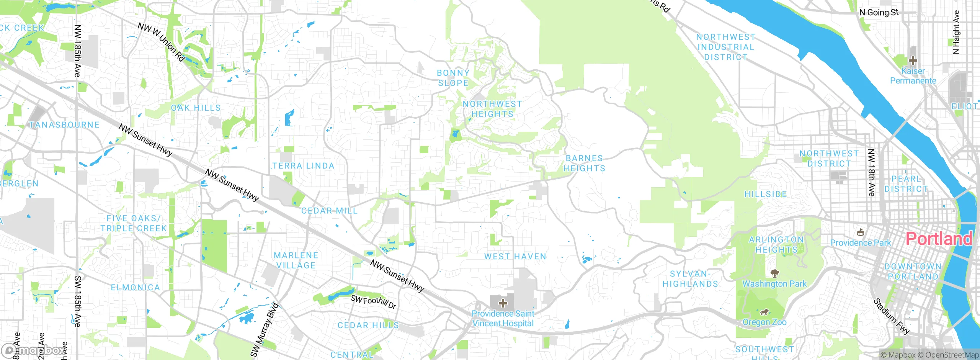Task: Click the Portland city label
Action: (939, 239)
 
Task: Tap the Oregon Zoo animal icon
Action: (764, 312)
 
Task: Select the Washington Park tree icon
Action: (775, 273)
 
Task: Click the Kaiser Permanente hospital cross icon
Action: (913, 60)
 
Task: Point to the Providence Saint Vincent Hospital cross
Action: (503, 303)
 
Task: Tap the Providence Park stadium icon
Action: (861, 232)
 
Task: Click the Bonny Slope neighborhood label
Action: (453, 78)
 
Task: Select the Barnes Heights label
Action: (584, 163)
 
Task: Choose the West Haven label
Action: (515, 257)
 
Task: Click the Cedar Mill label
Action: (329, 211)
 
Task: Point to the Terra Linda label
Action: (303, 166)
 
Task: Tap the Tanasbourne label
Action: (64, 125)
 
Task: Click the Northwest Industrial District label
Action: (726, 47)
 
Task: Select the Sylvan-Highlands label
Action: (690, 279)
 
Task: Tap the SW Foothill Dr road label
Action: (373, 302)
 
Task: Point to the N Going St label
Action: (879, 12)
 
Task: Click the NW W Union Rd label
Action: (162, 42)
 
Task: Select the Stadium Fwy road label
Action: (891, 316)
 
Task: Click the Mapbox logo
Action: (34, 350)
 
